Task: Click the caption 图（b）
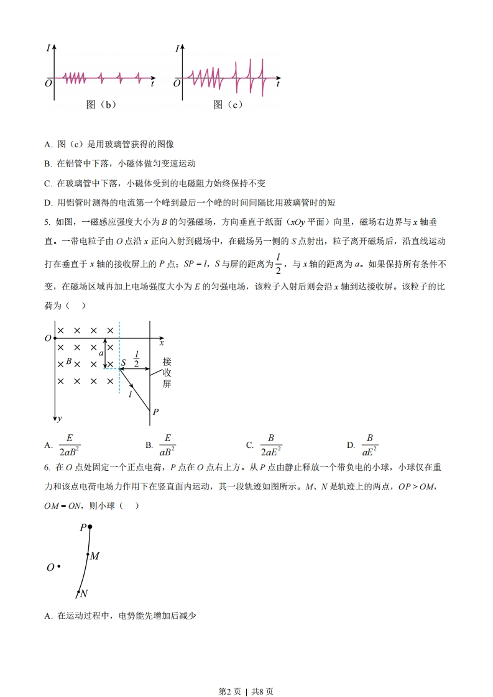[x=101, y=104]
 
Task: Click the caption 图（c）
[x=228, y=104]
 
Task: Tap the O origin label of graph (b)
[x=48, y=83]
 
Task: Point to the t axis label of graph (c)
[x=278, y=83]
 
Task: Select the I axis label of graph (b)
[x=48, y=48]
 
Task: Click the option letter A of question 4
[x=48, y=144]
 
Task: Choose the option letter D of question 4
[x=48, y=202]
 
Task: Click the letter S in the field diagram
[x=124, y=363]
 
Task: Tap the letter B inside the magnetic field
[x=69, y=361]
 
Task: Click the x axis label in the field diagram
[x=162, y=342]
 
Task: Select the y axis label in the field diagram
[x=59, y=419]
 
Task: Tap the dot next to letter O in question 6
[x=58, y=566]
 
